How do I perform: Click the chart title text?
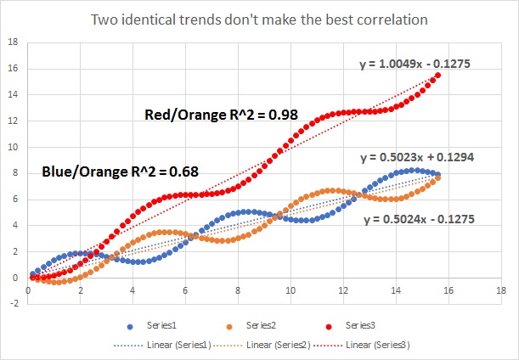259,18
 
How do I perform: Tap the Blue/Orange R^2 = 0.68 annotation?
120,172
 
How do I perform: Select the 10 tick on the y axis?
13,147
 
